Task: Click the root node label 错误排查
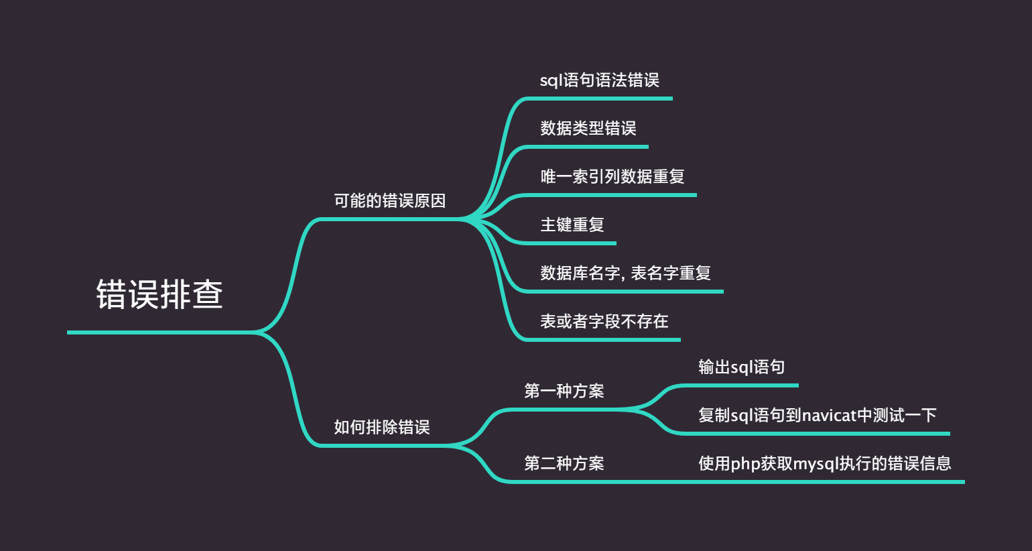[159, 294]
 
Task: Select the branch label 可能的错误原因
[389, 200]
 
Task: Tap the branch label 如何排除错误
[381, 427]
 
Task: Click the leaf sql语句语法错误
[599, 80]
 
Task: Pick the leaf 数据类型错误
[588, 128]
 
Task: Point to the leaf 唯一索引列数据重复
[612, 176]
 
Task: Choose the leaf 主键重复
[572, 225]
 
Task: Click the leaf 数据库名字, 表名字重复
[625, 273]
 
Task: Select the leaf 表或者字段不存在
[604, 321]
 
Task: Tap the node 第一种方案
[564, 391]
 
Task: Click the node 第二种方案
[564, 463]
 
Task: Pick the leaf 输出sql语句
[741, 367]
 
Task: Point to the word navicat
[829, 416]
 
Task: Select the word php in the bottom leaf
[745, 464]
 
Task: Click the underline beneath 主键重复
[570, 243]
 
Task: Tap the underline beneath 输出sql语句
[744, 385]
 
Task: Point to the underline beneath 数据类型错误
[590, 146]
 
